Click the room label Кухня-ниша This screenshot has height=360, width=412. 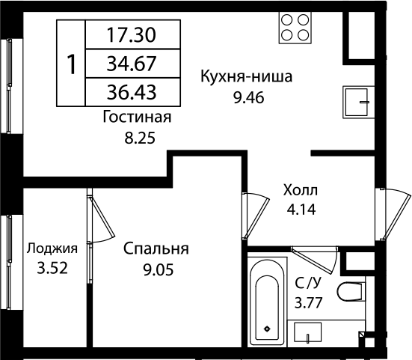tap(245, 76)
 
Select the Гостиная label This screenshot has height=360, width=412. tap(138, 118)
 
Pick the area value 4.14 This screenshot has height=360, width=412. tap(301, 210)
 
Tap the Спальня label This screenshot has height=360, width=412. tap(156, 249)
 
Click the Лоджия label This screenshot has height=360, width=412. tap(52, 249)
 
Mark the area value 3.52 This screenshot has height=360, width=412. tap(52, 269)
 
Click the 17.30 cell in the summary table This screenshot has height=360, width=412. tap(133, 34)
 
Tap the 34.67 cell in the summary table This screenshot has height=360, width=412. tap(133, 64)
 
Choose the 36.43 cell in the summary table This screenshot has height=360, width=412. tap(133, 93)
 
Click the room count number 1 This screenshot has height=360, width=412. tap(72, 64)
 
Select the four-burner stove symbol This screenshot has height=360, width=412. tap(295, 28)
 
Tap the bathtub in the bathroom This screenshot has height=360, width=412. tap(268, 299)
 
